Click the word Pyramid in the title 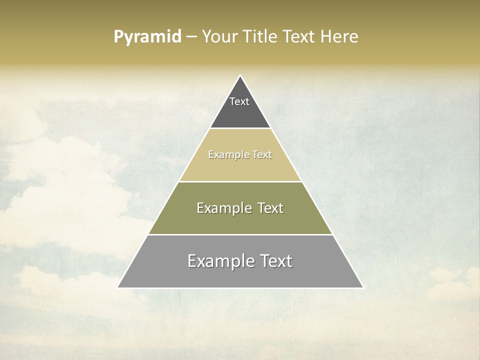[147, 37]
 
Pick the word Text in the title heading [299, 37]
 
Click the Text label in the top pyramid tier [239, 101]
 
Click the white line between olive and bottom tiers [240, 234]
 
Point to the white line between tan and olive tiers [240, 181]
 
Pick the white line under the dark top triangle [240, 128]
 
